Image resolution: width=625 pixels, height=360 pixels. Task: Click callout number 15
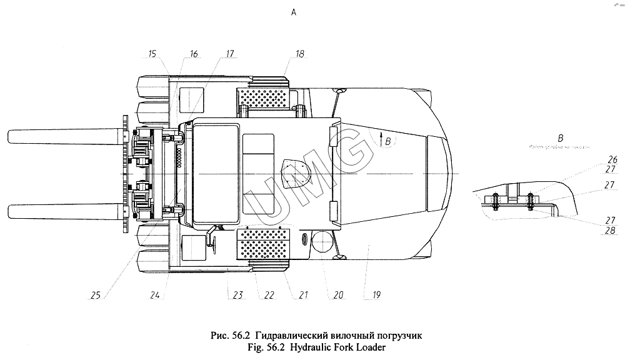[152, 54]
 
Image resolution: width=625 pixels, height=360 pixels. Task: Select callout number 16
[192, 54]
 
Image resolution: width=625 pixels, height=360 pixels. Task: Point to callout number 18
[300, 54]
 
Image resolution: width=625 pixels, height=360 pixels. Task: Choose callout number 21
[302, 293]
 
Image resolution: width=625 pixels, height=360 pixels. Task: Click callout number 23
[237, 293]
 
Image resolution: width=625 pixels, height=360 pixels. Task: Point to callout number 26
[611, 159]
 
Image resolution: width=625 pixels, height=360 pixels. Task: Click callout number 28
[611, 229]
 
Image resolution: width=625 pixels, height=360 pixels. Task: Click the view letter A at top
[294, 12]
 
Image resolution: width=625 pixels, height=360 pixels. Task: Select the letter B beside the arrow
[388, 142]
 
